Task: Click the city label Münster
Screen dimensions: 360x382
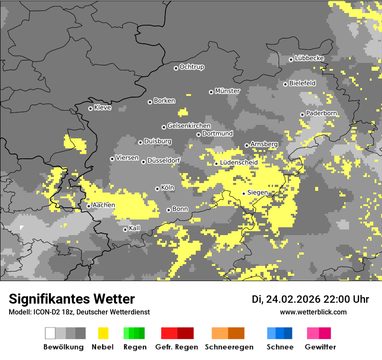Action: click(x=227, y=91)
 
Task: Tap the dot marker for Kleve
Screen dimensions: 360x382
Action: click(x=90, y=108)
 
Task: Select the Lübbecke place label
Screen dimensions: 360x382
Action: click(x=309, y=58)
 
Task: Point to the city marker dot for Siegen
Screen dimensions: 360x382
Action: click(x=244, y=193)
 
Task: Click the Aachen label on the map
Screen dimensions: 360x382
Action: click(x=104, y=205)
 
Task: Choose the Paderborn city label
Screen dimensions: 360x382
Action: click(x=321, y=113)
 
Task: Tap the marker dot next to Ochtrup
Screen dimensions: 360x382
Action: click(x=176, y=68)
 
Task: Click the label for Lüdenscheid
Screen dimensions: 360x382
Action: click(x=239, y=163)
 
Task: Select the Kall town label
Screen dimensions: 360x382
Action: click(x=135, y=228)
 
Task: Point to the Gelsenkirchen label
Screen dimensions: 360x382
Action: click(x=189, y=126)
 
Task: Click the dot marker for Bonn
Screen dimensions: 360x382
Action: click(x=169, y=210)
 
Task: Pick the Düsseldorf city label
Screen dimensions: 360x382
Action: click(x=164, y=161)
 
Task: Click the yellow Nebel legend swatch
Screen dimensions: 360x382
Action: click(x=103, y=333)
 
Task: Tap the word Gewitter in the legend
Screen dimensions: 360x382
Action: click(x=320, y=347)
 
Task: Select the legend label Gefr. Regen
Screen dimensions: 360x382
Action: click(x=177, y=347)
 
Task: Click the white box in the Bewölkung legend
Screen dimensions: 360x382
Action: click(x=50, y=333)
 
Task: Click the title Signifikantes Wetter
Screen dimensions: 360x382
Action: click(x=72, y=299)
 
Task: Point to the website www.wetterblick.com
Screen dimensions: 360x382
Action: click(x=313, y=312)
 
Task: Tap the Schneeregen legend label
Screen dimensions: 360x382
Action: click(x=229, y=347)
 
